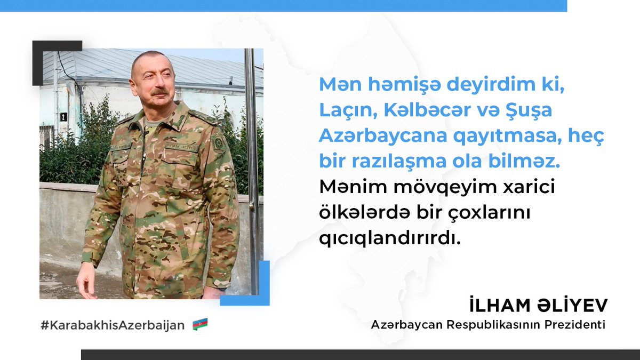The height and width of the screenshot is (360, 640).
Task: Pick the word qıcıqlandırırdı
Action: pyautogui.click(x=389, y=238)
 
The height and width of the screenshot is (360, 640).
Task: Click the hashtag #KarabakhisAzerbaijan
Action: pyautogui.click(x=113, y=324)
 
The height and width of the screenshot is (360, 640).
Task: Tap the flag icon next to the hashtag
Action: pyautogui.click(x=200, y=324)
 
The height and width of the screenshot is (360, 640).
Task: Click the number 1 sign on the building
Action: pyautogui.click(x=63, y=116)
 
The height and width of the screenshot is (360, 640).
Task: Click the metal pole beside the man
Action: pyautogui.click(x=251, y=160)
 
